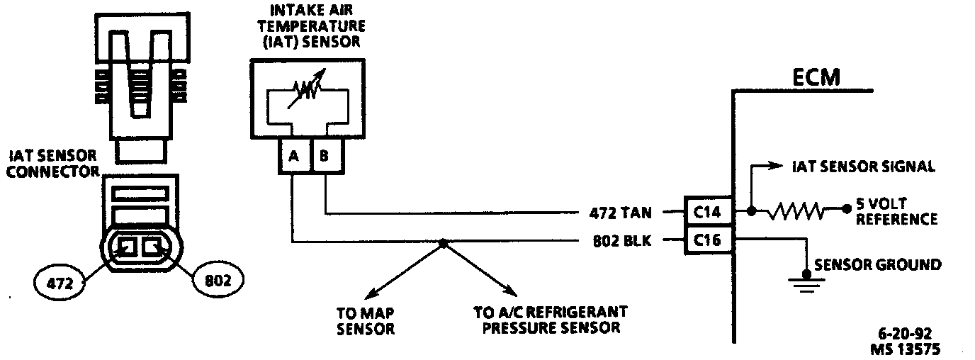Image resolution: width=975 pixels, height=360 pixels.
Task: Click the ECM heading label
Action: (816, 77)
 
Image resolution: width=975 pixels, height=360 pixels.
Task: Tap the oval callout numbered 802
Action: (217, 281)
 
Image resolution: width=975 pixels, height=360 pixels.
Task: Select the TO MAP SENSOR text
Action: (366, 320)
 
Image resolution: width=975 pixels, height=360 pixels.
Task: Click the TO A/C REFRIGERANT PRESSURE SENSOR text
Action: (550, 320)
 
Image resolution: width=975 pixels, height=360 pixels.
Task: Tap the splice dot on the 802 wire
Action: (442, 242)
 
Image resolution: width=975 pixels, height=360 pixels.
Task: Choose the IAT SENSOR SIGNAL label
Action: (863, 167)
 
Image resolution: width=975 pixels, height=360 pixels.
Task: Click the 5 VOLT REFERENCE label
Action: (896, 211)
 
